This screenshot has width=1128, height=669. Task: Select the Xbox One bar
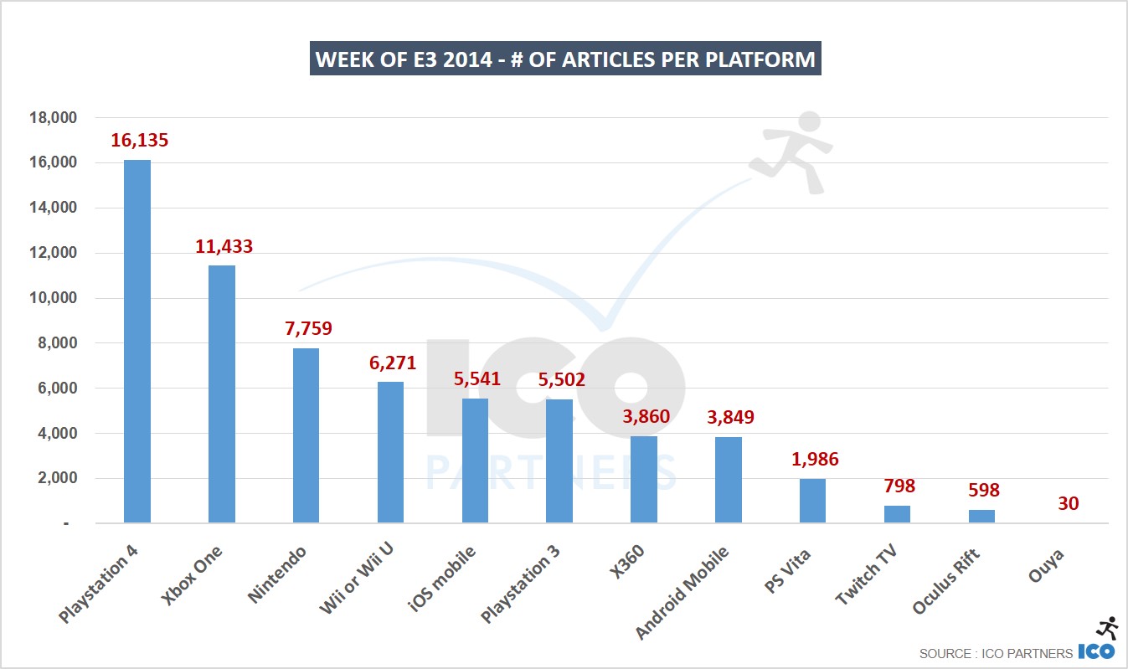[x=222, y=394]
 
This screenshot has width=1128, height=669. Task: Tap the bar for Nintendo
[x=306, y=435]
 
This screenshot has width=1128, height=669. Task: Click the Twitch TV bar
[x=897, y=514]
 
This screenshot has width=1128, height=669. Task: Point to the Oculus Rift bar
[x=981, y=516]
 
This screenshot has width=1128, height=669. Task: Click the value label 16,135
[x=139, y=141]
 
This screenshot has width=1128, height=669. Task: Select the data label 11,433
[x=224, y=246]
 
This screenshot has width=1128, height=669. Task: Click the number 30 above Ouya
[x=1067, y=503]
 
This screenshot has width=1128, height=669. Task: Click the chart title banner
[x=565, y=59]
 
